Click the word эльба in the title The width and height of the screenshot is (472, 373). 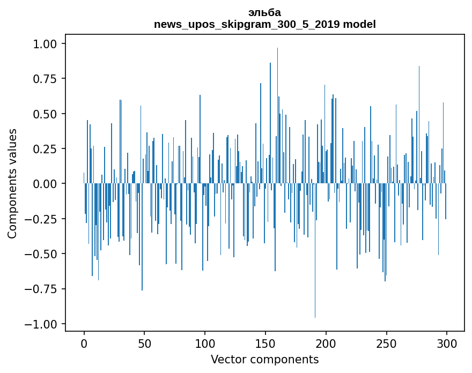click(264, 12)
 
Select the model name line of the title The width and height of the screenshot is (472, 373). click(264, 24)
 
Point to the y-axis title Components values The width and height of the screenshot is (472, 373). click(12, 183)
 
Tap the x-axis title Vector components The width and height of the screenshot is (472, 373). click(264, 360)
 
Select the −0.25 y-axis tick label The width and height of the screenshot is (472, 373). click(47, 219)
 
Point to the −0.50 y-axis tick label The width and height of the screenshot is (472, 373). click(47, 254)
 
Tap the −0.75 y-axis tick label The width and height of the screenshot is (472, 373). click(47, 289)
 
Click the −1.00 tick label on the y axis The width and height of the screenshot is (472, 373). click(47, 324)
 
